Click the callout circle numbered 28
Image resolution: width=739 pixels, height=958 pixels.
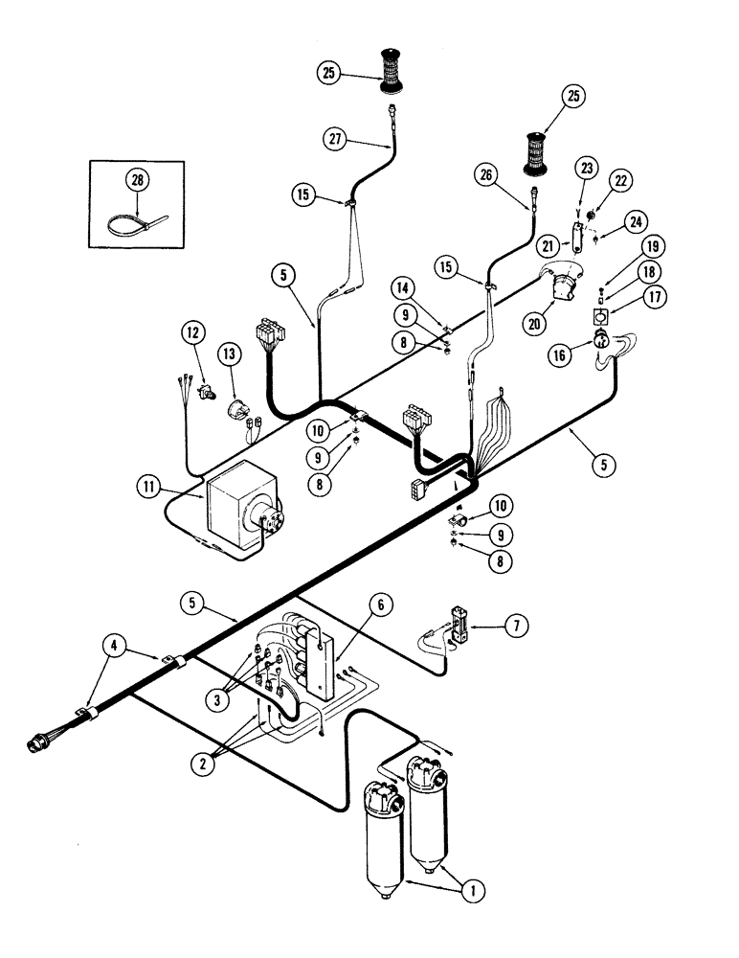[x=137, y=177]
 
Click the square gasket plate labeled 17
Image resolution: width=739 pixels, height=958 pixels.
[x=599, y=317]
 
